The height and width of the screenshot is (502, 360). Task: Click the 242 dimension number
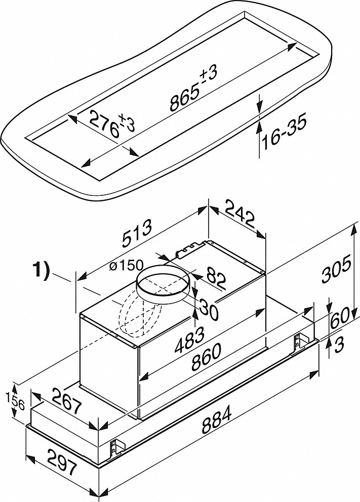(x=238, y=215)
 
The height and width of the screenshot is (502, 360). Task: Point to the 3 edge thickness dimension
(x=340, y=345)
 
